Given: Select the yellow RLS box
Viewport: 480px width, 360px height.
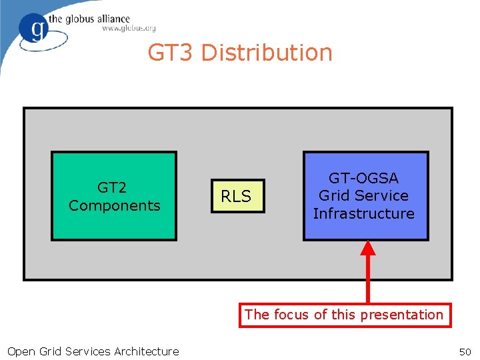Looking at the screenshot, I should [237, 196].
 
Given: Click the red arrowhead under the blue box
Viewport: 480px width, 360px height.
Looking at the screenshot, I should [368, 248].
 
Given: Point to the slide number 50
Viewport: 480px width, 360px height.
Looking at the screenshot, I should [465, 351].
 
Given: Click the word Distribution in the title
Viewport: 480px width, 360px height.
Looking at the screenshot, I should [267, 53].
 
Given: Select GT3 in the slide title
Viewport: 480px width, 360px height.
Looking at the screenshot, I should [171, 53].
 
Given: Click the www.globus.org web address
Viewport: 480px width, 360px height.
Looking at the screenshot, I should [129, 29].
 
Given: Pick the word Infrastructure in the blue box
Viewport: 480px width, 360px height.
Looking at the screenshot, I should [364, 213].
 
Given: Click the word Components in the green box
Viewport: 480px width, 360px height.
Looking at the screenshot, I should [115, 205].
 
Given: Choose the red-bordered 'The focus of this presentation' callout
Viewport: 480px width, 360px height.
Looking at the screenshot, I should [344, 315].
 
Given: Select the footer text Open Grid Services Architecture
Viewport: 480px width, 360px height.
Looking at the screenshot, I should [93, 351].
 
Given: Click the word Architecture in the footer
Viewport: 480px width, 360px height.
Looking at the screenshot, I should [147, 351].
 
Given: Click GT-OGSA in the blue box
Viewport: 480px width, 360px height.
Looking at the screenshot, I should [363, 178].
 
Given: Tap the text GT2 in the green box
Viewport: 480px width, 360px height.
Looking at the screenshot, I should [112, 188].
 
